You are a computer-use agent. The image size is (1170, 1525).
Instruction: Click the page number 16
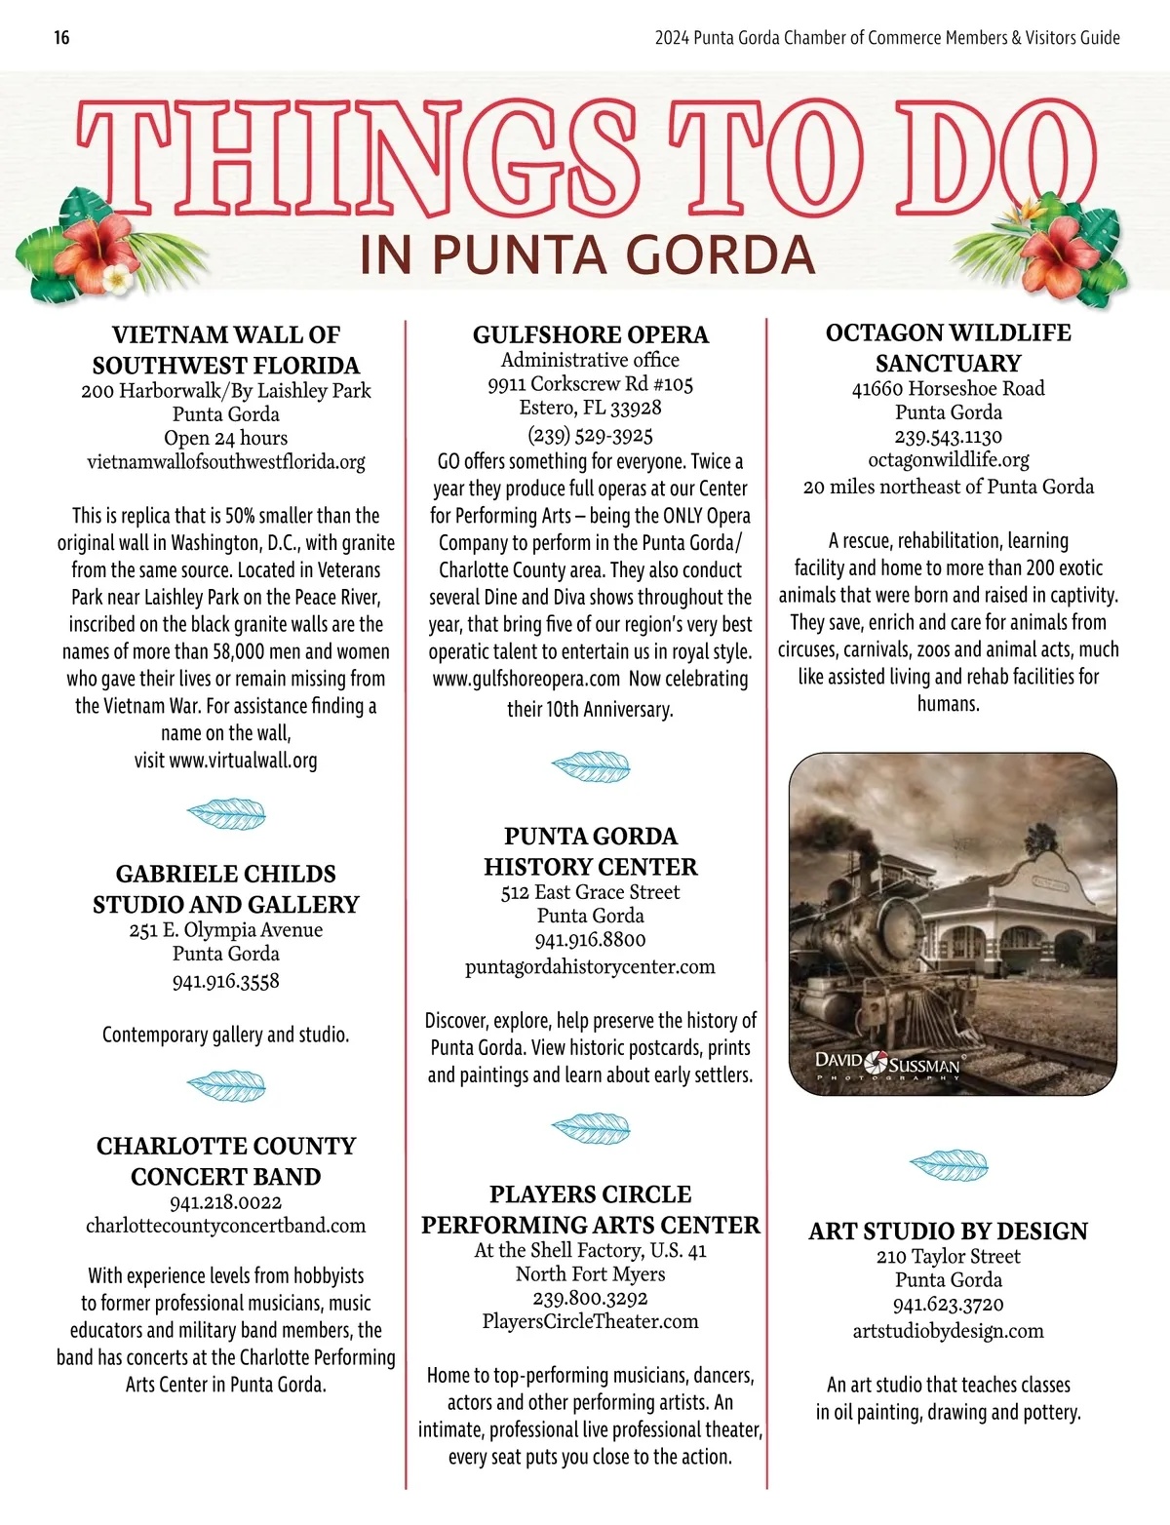(61, 38)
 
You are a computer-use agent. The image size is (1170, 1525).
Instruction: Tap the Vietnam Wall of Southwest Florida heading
(226, 350)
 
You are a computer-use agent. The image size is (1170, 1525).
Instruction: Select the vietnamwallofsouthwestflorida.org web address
(226, 461)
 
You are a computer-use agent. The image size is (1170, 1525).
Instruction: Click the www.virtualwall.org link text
(243, 761)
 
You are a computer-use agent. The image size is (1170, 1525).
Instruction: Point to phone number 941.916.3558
(226, 981)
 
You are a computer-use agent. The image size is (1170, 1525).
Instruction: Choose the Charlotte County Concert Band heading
(226, 1160)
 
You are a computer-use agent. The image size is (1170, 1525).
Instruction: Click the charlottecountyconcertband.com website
(226, 1226)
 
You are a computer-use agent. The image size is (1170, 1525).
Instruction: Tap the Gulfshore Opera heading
(591, 334)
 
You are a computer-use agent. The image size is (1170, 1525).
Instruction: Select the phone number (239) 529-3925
(591, 434)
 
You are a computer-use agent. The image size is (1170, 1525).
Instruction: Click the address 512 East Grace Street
(591, 891)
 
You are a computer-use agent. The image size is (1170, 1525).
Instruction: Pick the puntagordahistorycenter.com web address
(591, 966)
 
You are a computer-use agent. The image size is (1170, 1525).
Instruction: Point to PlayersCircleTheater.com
(591, 1321)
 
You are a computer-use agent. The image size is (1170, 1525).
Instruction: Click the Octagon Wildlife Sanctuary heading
(949, 347)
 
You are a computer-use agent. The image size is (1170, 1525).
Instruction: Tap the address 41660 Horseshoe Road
(949, 388)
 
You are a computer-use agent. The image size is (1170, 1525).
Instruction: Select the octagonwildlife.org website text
(949, 459)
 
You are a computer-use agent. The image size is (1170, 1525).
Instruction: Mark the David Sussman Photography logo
(888, 1065)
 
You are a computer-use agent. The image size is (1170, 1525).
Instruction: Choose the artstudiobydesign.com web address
(949, 1331)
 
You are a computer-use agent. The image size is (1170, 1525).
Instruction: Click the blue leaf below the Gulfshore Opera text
(591, 764)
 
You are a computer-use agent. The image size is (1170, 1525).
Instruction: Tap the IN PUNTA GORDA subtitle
(587, 255)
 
